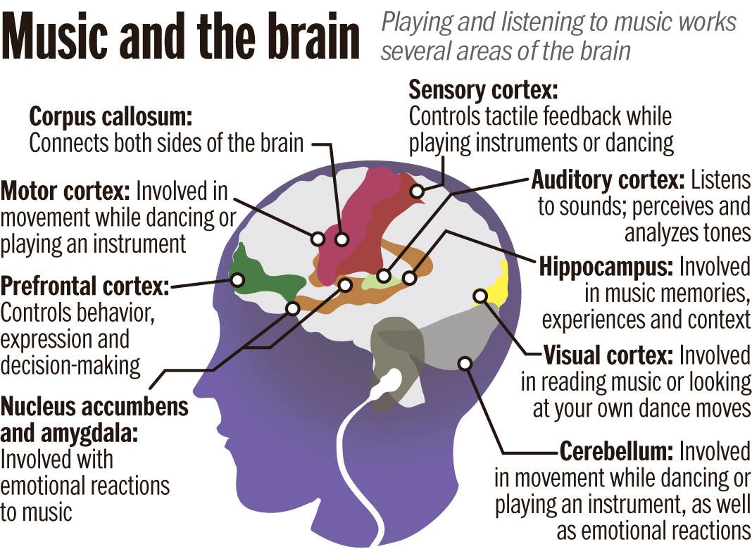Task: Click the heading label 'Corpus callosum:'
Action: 111,116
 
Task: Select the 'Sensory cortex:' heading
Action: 483,90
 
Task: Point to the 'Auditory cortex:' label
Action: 607,180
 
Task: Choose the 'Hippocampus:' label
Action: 606,268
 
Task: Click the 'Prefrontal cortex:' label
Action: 85,286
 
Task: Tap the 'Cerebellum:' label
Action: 617,450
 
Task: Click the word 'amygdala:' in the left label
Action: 69,433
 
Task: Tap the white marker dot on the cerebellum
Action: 465,363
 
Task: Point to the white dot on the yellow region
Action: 480,296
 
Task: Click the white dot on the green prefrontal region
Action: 237,280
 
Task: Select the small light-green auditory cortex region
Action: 377,280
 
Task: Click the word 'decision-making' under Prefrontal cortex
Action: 70,365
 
